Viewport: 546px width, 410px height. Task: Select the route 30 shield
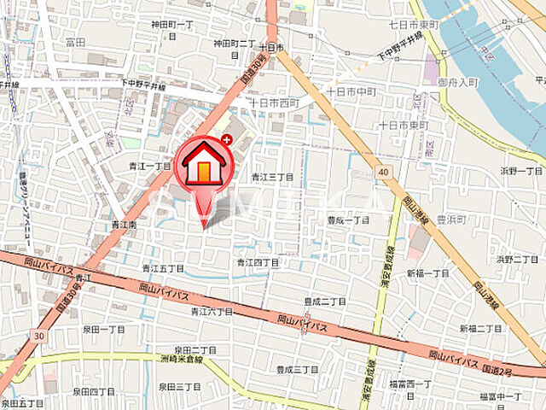38,337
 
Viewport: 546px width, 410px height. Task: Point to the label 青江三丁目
273,177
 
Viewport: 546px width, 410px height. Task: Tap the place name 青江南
124,225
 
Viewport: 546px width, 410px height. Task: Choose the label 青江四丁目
258,262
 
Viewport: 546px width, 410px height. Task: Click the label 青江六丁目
211,312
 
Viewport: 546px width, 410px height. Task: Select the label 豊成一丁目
349,220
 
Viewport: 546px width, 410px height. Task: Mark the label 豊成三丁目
297,369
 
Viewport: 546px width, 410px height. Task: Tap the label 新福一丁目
427,273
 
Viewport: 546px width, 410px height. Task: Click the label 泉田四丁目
93,391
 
